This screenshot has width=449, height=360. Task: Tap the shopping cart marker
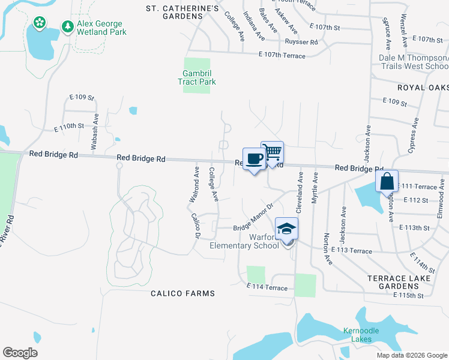[x=272, y=152]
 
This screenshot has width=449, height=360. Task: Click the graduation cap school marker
[x=287, y=229]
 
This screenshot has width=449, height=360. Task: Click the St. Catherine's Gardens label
[x=182, y=12]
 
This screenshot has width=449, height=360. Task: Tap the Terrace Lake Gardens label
[x=408, y=282]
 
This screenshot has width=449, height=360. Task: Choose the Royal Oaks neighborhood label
[x=423, y=88]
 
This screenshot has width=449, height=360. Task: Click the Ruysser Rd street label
[x=301, y=42]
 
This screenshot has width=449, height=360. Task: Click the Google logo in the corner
[x=20, y=352]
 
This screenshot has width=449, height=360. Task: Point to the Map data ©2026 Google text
[x=412, y=355]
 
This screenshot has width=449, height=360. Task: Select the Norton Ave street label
[x=328, y=249]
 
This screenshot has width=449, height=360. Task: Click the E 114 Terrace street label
[x=267, y=288]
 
